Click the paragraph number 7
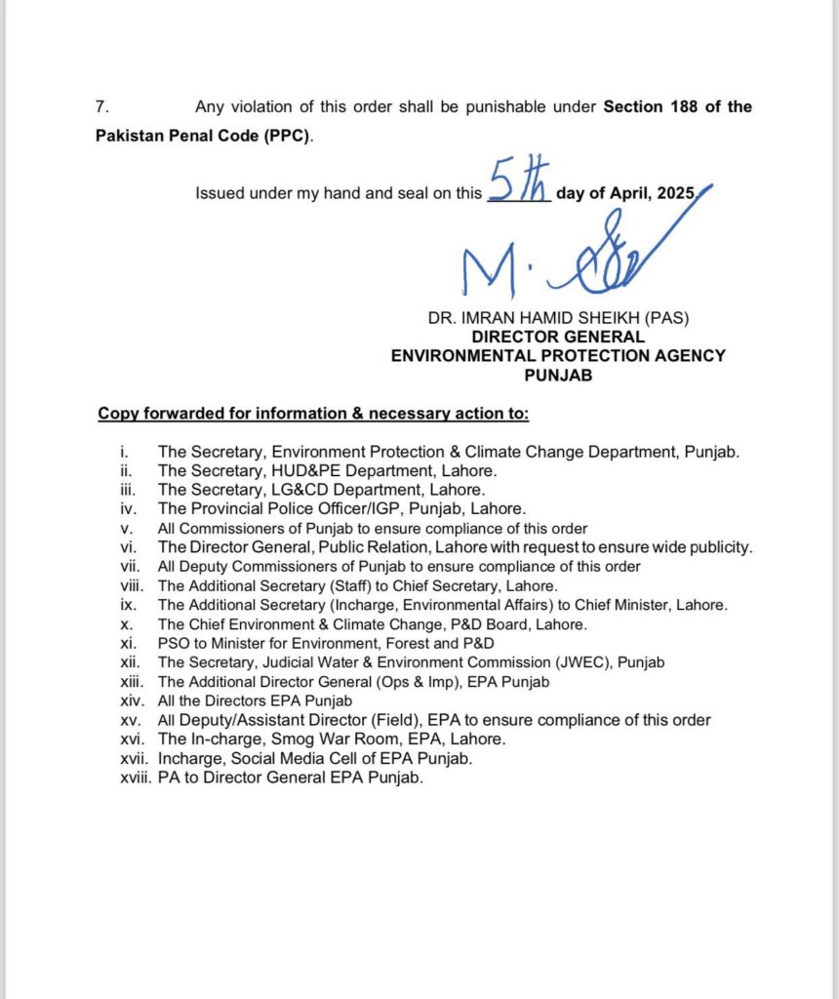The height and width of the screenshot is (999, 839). [101, 107]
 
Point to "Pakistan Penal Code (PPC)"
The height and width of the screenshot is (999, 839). [202, 136]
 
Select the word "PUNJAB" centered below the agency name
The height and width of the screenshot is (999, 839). [558, 375]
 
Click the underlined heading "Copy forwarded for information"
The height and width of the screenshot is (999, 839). [312, 414]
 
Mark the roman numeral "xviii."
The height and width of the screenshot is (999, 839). [130, 778]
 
